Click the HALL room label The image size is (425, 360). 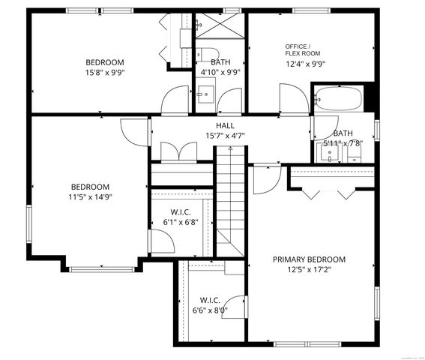tap(226, 125)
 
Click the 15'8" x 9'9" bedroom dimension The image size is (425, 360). tap(104, 73)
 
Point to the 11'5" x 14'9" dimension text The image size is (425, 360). tap(90, 197)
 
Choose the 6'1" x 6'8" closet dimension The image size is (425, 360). tap(181, 223)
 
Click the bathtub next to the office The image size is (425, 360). tap(338, 98)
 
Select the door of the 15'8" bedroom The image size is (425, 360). tap(177, 100)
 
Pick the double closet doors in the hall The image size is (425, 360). tap(175, 151)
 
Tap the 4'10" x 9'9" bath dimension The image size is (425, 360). tap(220, 73)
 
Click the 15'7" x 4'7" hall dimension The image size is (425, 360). tap(226, 136)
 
